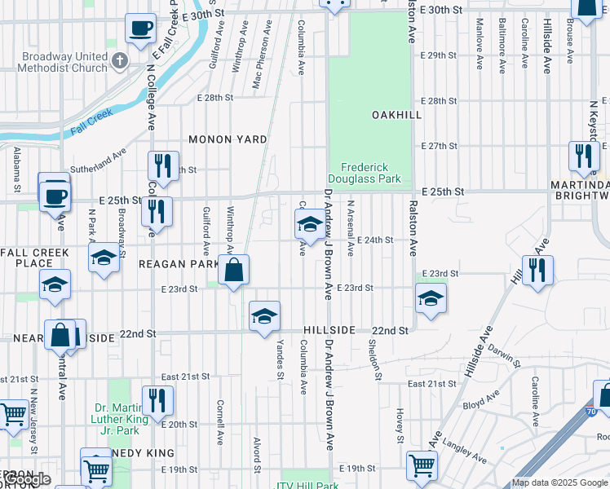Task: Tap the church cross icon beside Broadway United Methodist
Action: [120, 60]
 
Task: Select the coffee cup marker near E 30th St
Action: [140, 29]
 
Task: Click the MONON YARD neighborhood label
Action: [228, 139]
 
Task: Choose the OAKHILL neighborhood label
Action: [397, 115]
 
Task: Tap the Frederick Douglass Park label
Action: [365, 171]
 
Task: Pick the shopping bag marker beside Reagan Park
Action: [233, 271]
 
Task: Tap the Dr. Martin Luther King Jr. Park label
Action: [121, 414]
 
